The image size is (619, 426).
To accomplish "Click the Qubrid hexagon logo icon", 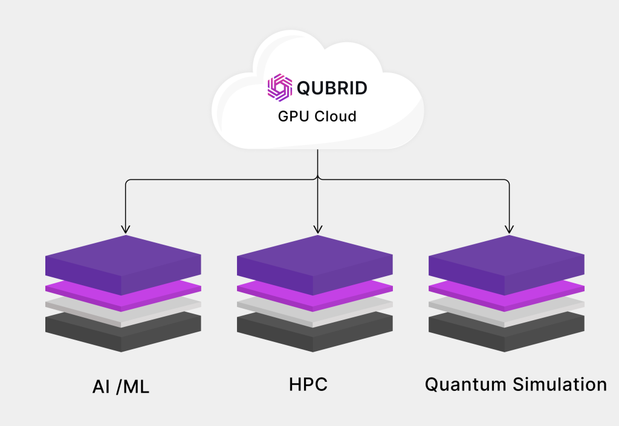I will point(280,88).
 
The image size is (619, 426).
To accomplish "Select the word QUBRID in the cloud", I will point(331,88).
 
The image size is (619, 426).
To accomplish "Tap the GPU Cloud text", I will point(317,117).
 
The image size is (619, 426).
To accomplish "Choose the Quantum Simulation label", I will point(516,384).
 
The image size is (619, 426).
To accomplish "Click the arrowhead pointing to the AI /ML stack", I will point(125,229).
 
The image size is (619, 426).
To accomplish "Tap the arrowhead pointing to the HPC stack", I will point(317,229).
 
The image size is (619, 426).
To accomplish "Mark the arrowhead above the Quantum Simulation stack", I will point(509,229).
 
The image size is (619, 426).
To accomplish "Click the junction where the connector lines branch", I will point(317,179).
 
